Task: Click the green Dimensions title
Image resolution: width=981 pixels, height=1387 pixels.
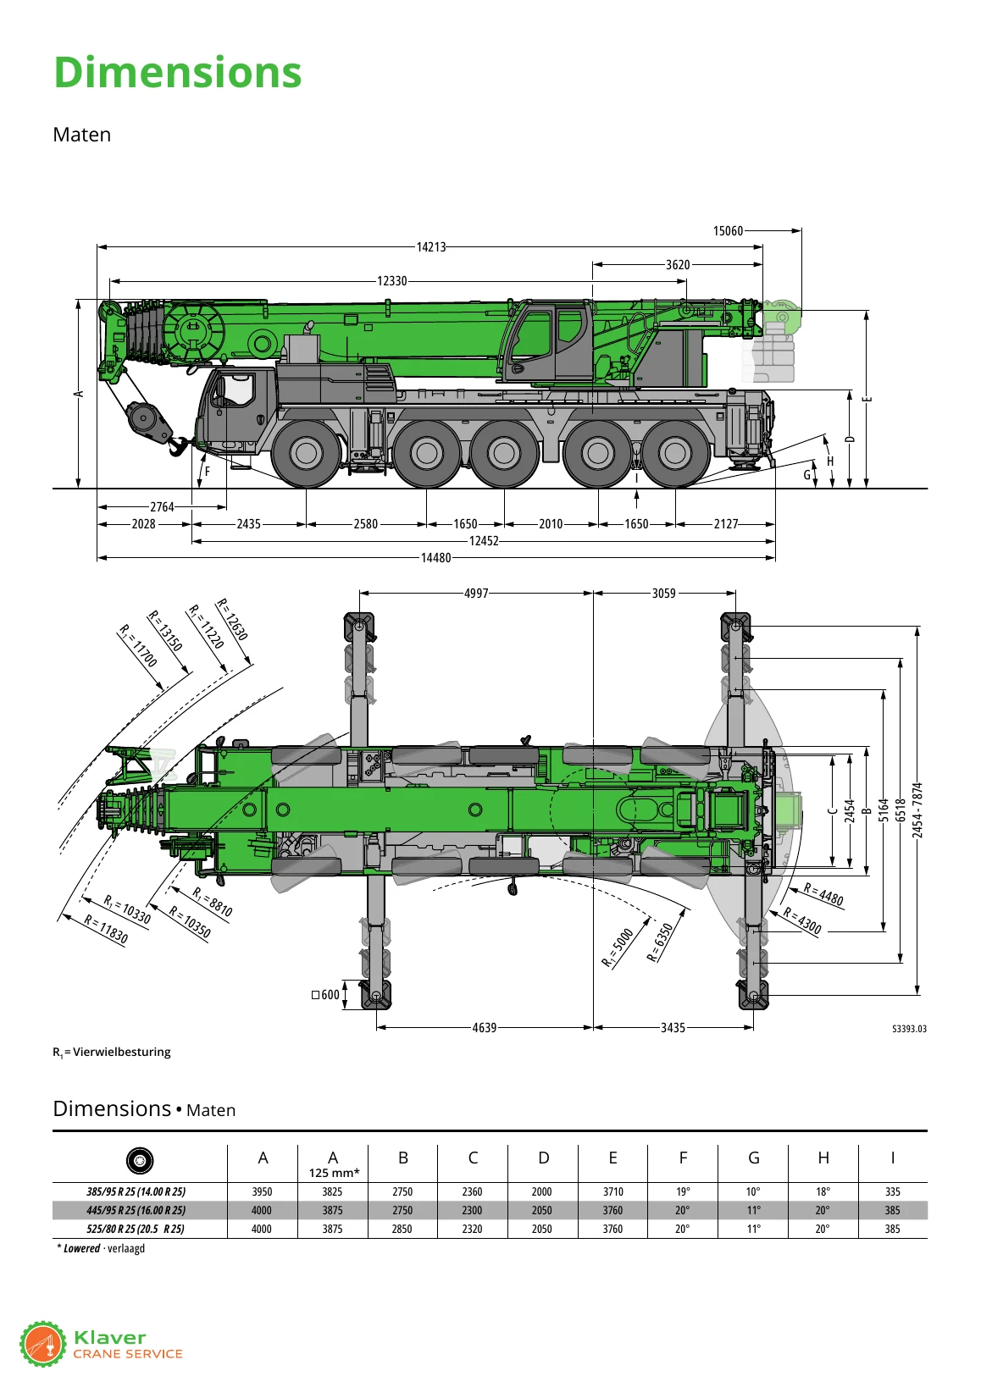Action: click(x=178, y=72)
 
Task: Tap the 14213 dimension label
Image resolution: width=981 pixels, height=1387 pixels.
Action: click(x=431, y=247)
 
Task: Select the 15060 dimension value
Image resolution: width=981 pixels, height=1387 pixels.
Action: click(x=728, y=231)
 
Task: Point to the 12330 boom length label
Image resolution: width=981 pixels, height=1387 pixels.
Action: click(x=392, y=281)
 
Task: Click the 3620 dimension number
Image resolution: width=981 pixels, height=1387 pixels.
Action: click(x=678, y=265)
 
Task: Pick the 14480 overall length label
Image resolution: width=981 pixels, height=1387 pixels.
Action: click(x=436, y=558)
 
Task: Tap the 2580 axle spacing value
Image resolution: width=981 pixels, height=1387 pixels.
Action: click(x=365, y=524)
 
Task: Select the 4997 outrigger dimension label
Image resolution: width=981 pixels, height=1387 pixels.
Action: click(x=476, y=594)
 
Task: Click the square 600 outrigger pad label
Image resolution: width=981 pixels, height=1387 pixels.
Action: click(x=325, y=995)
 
